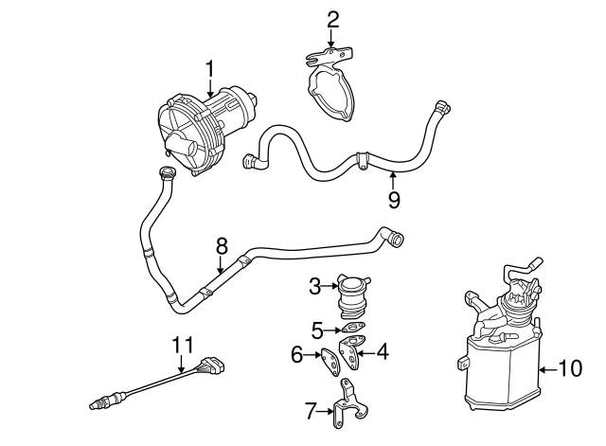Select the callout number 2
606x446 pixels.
332,18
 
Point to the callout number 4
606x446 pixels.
382,351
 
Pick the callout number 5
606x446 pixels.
318,330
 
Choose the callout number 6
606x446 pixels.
296,355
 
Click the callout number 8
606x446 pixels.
222,245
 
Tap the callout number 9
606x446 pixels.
394,199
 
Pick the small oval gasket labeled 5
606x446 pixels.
353,330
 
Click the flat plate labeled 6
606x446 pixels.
329,361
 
